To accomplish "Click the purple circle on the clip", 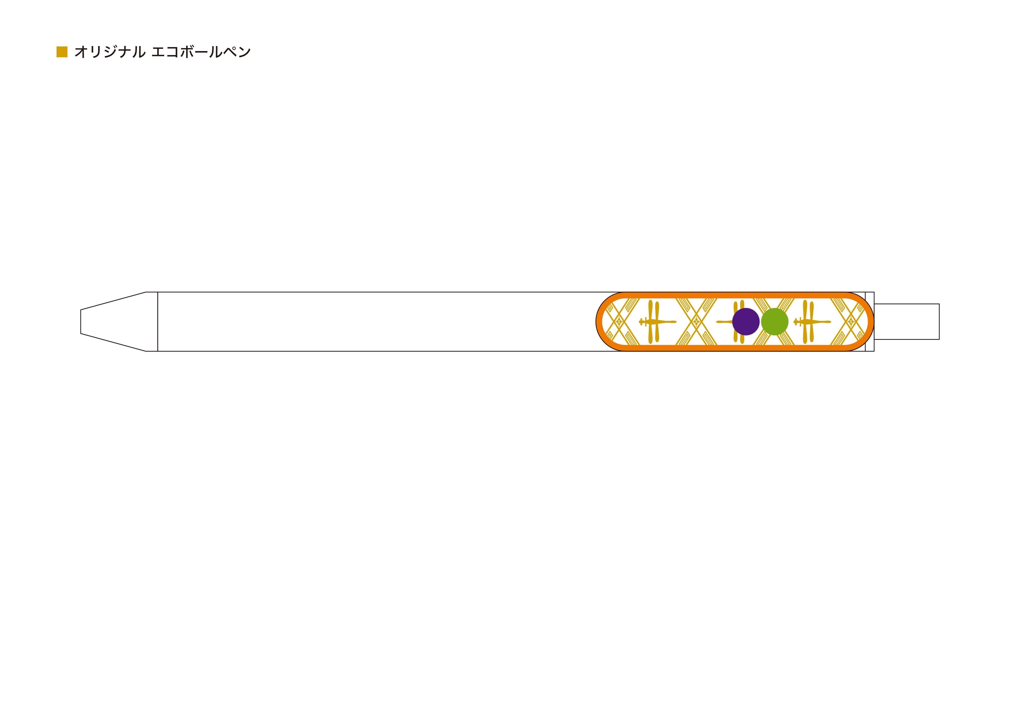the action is (x=746, y=322).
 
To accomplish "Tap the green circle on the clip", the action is (x=775, y=322).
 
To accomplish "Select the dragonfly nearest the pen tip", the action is (x=657, y=322).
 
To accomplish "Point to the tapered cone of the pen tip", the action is (x=113, y=322).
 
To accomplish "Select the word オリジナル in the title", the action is (x=110, y=52).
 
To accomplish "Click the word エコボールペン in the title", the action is (x=201, y=52).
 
